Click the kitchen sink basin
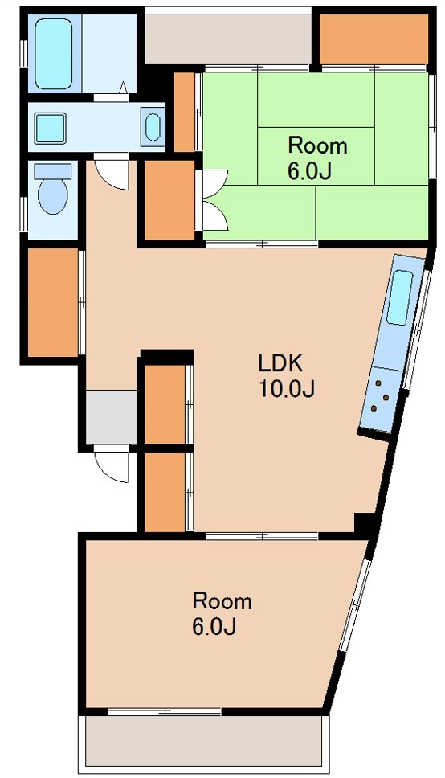tap(400, 297)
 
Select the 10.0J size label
tap(285, 389)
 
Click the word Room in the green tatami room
tap(317, 145)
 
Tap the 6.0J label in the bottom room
tap(213, 627)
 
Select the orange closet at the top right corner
tap(373, 38)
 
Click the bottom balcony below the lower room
tap(205, 740)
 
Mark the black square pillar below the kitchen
tap(365, 523)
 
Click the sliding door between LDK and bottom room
tap(261, 535)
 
